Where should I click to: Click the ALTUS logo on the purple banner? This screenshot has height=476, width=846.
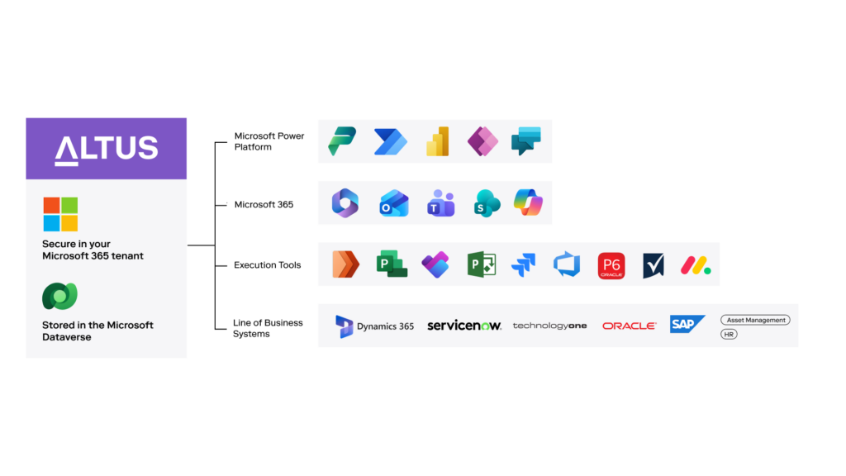107,149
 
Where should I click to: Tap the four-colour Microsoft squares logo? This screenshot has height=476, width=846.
60,214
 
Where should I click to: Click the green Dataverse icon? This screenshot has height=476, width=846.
59,297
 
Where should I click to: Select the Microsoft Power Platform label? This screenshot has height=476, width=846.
269,141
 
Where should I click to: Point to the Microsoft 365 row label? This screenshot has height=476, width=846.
264,205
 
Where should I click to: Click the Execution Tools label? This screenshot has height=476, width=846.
267,265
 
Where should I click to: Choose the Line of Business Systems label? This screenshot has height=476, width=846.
268,328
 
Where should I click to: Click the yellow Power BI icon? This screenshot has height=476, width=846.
438,141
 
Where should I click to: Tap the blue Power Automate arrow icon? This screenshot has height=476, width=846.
391,142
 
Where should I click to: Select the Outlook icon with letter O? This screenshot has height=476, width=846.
394,203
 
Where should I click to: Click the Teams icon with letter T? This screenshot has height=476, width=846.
441,203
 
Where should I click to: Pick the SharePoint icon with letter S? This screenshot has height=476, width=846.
487,203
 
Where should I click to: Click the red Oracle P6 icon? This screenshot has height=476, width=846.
611,265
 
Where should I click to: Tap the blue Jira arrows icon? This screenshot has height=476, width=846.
523,265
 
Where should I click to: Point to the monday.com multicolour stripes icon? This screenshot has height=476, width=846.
696,265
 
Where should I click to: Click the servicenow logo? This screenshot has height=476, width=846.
464,326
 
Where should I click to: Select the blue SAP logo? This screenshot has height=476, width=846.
687,324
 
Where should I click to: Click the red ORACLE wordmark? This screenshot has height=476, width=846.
629,326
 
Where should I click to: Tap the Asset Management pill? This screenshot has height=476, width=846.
755,320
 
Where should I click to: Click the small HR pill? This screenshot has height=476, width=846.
729,335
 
